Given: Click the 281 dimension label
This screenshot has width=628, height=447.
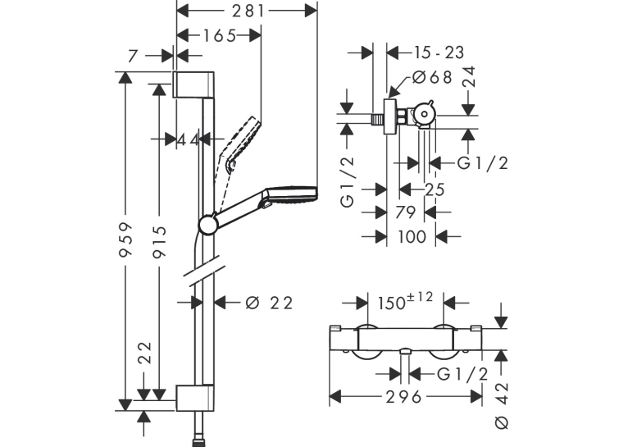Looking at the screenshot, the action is [248, 11].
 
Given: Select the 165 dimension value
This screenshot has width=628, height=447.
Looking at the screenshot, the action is [220, 36].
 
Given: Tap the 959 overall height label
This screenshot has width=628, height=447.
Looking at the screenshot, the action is [126, 239].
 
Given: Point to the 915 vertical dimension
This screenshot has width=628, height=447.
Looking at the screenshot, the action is [160, 241].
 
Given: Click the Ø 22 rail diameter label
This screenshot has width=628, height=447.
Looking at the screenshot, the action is [269, 303].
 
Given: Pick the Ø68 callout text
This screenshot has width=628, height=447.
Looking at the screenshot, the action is [432, 77].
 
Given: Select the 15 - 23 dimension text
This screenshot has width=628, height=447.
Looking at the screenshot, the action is [439, 52].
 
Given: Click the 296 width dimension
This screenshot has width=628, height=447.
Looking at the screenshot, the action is [403, 397].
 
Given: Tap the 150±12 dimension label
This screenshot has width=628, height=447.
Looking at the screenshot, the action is [405, 301].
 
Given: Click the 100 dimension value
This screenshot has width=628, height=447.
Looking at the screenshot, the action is [412, 237].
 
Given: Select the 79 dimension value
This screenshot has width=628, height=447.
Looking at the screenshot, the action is [405, 212].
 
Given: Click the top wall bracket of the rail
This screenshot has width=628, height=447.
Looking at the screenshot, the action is [193, 84].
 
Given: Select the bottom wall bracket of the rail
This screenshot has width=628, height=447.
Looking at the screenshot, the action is [194, 398].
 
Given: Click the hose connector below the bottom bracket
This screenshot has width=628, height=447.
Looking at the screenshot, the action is [200, 429].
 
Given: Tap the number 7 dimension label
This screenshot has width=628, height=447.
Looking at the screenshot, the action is [133, 57].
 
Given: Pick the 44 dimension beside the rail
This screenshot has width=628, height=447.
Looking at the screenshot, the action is [188, 139].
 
